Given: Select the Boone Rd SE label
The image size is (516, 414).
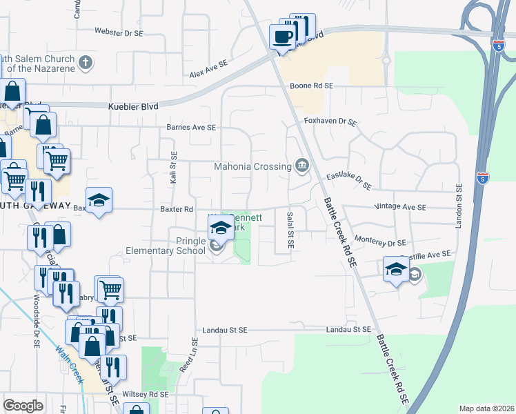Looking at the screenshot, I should [311, 86].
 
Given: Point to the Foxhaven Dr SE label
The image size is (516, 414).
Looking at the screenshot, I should [330, 122].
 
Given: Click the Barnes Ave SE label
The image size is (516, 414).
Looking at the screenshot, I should [192, 128].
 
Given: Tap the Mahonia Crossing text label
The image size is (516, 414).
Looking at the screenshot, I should [252, 166].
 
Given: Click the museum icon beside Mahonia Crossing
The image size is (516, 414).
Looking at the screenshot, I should [302, 165].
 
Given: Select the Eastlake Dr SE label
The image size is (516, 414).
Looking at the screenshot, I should [349, 181].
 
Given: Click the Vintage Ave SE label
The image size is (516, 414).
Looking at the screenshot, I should [400, 207].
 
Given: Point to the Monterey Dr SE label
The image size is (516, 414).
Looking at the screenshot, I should [380, 243].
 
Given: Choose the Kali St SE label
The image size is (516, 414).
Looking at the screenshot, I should [173, 169].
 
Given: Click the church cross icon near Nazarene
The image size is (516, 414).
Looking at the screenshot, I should [86, 63].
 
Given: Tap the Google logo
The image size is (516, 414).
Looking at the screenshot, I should [23, 406].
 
